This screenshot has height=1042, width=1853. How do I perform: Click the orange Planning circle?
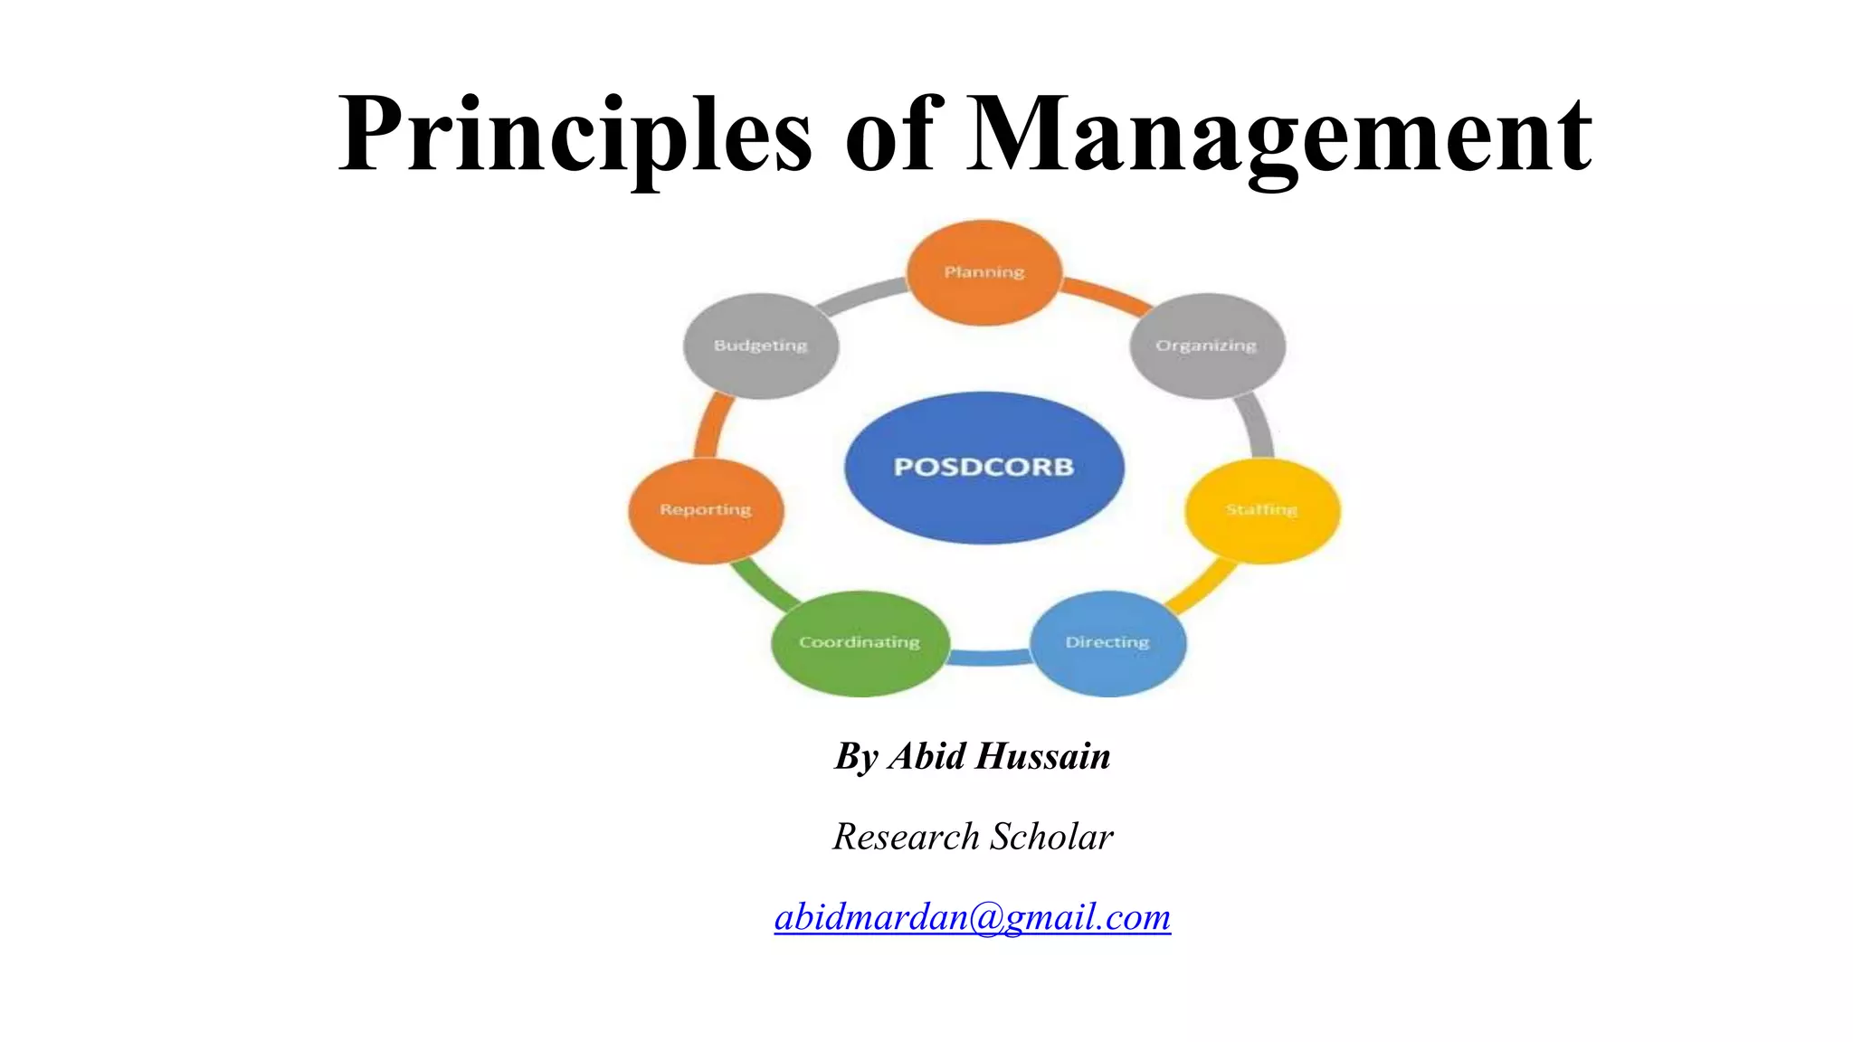(x=984, y=272)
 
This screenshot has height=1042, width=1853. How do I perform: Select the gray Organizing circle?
(x=1207, y=346)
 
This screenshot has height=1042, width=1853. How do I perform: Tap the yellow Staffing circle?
(x=1262, y=510)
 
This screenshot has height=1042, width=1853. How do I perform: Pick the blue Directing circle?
(x=1107, y=642)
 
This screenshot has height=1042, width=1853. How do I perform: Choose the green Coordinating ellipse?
(x=860, y=642)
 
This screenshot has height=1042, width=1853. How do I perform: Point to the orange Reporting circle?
(x=706, y=510)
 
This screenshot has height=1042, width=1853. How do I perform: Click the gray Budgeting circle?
(x=760, y=346)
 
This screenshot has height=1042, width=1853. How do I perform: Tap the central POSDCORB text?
(x=984, y=467)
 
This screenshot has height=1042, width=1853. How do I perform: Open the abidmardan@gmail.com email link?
(x=973, y=917)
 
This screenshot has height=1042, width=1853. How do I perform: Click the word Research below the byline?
(x=906, y=837)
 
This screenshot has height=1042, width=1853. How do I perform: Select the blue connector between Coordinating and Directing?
(x=989, y=658)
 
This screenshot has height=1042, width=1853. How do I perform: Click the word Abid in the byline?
(x=926, y=756)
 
